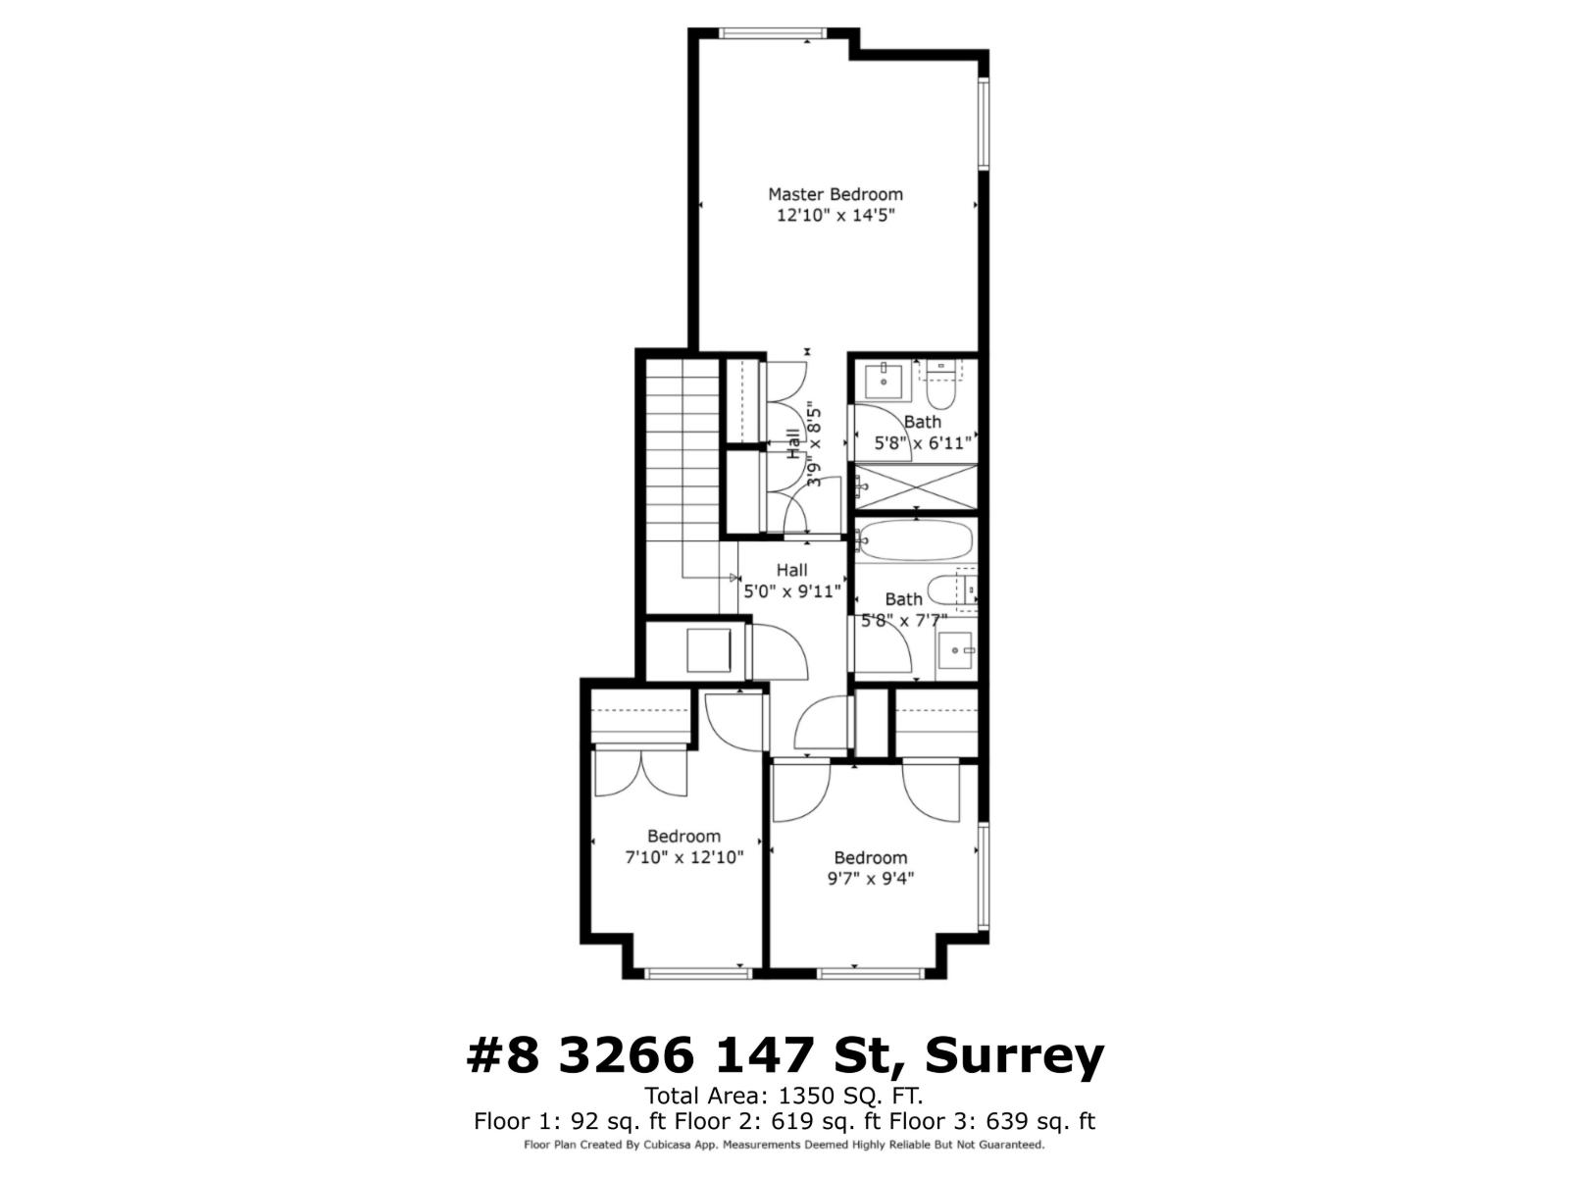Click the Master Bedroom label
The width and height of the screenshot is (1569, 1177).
(x=835, y=194)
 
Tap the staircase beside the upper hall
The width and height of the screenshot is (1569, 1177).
(x=682, y=471)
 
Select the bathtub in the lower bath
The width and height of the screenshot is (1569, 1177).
(x=915, y=539)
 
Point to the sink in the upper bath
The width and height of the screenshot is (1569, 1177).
(x=884, y=380)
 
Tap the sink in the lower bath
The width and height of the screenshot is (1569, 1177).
(x=954, y=650)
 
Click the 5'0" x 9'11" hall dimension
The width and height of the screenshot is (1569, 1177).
(x=792, y=591)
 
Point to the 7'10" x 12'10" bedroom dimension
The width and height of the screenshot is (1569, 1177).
(x=684, y=857)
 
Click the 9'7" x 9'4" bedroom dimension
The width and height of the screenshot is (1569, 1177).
(x=871, y=879)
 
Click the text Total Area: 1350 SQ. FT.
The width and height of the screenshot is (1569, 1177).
(x=784, y=1096)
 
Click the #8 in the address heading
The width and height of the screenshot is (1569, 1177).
(x=503, y=1055)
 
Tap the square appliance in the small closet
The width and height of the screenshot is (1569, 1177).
(x=708, y=650)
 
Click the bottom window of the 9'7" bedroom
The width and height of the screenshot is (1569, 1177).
(x=871, y=973)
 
